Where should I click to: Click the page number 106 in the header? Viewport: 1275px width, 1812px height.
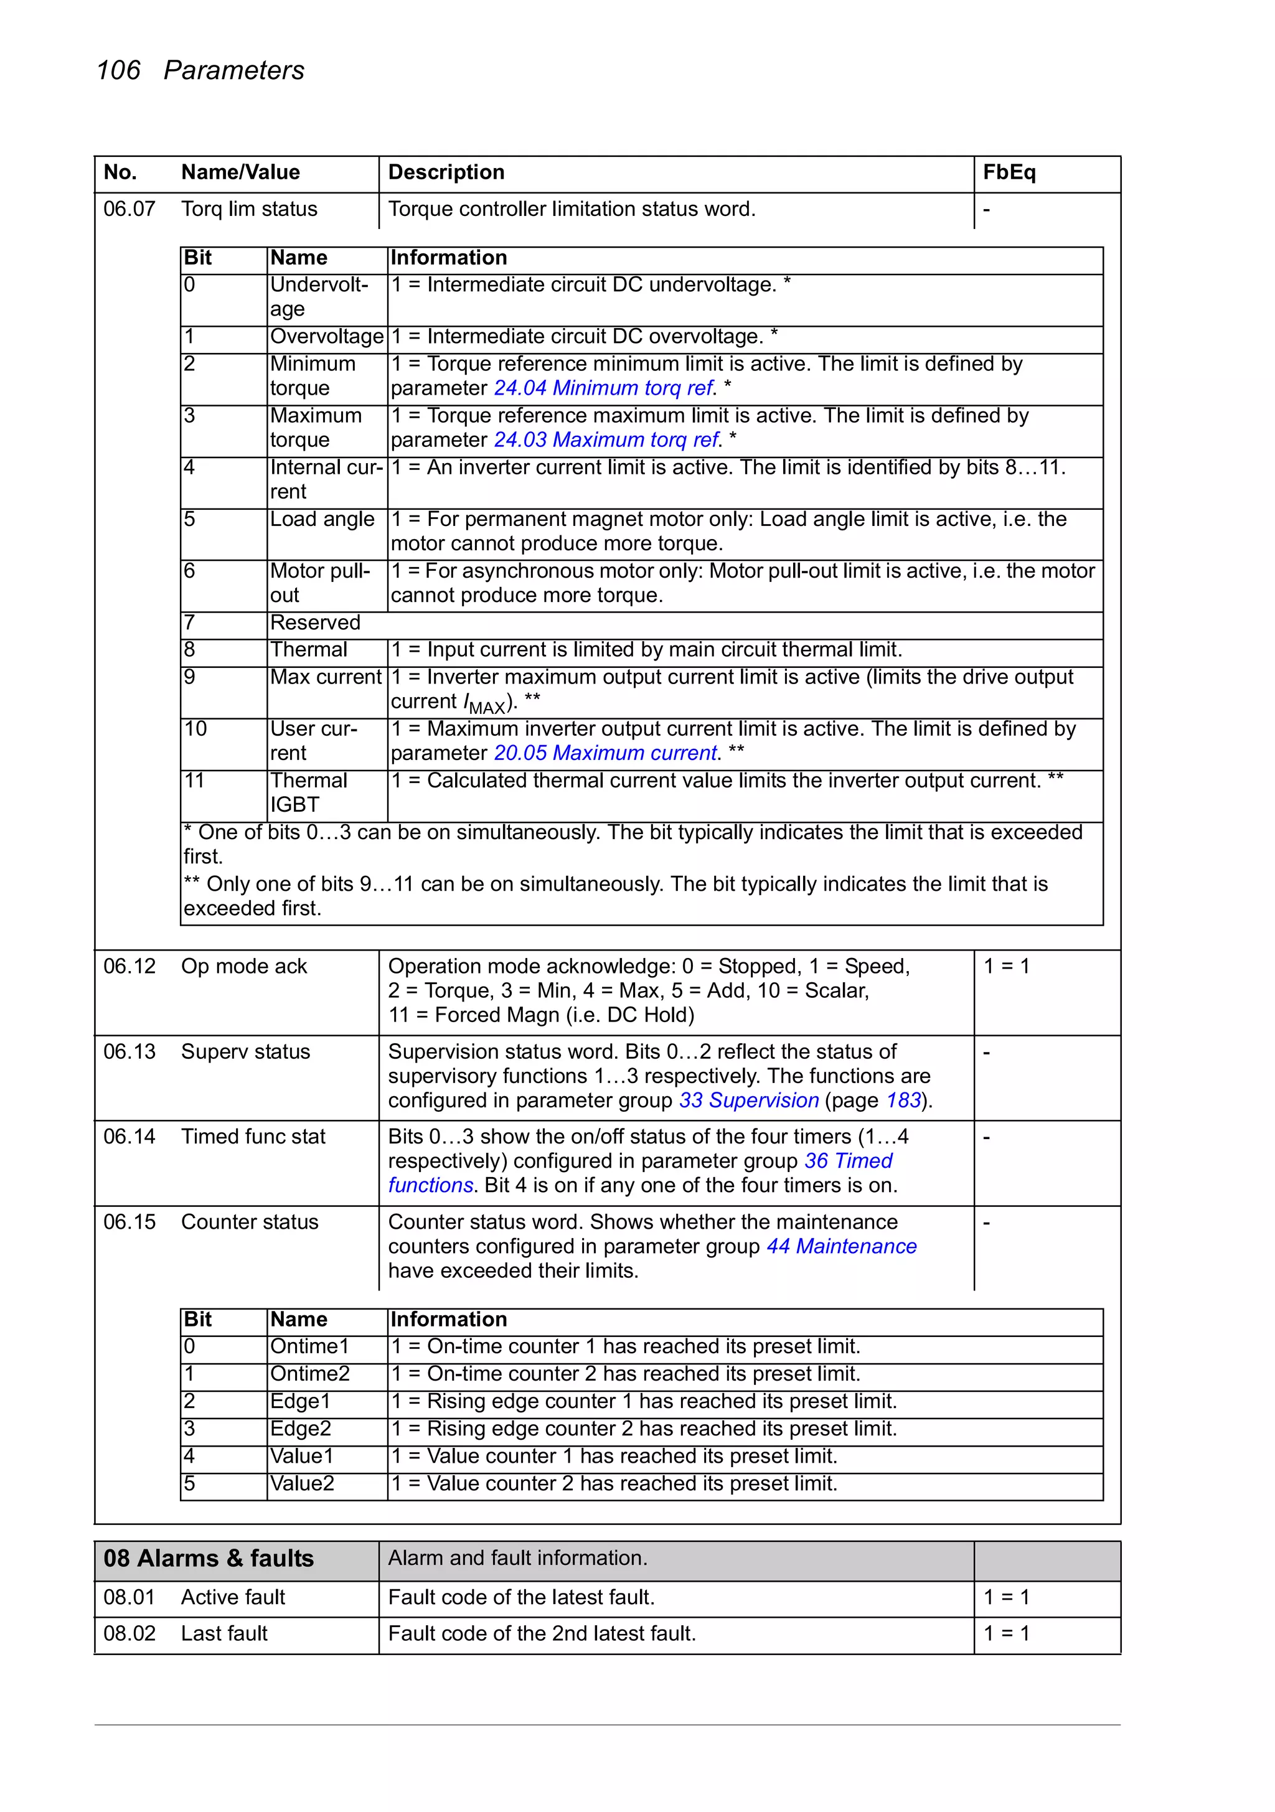tap(118, 70)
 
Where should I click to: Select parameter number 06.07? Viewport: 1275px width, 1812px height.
tap(129, 209)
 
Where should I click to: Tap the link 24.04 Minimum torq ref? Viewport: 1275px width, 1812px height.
tap(603, 388)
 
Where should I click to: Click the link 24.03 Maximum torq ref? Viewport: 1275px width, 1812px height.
tap(606, 439)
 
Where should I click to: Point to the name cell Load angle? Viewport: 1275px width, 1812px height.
tap(322, 519)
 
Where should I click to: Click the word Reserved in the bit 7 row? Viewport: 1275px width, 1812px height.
tap(315, 622)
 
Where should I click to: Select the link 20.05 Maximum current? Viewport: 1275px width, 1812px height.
tap(605, 753)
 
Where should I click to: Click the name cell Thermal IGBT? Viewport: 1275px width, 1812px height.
tap(308, 792)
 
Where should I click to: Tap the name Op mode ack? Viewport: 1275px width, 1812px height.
tap(244, 966)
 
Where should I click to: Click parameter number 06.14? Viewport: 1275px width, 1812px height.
tap(129, 1137)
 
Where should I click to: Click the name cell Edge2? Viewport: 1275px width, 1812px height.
tap(300, 1429)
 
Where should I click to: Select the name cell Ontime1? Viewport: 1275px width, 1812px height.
tap(309, 1346)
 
